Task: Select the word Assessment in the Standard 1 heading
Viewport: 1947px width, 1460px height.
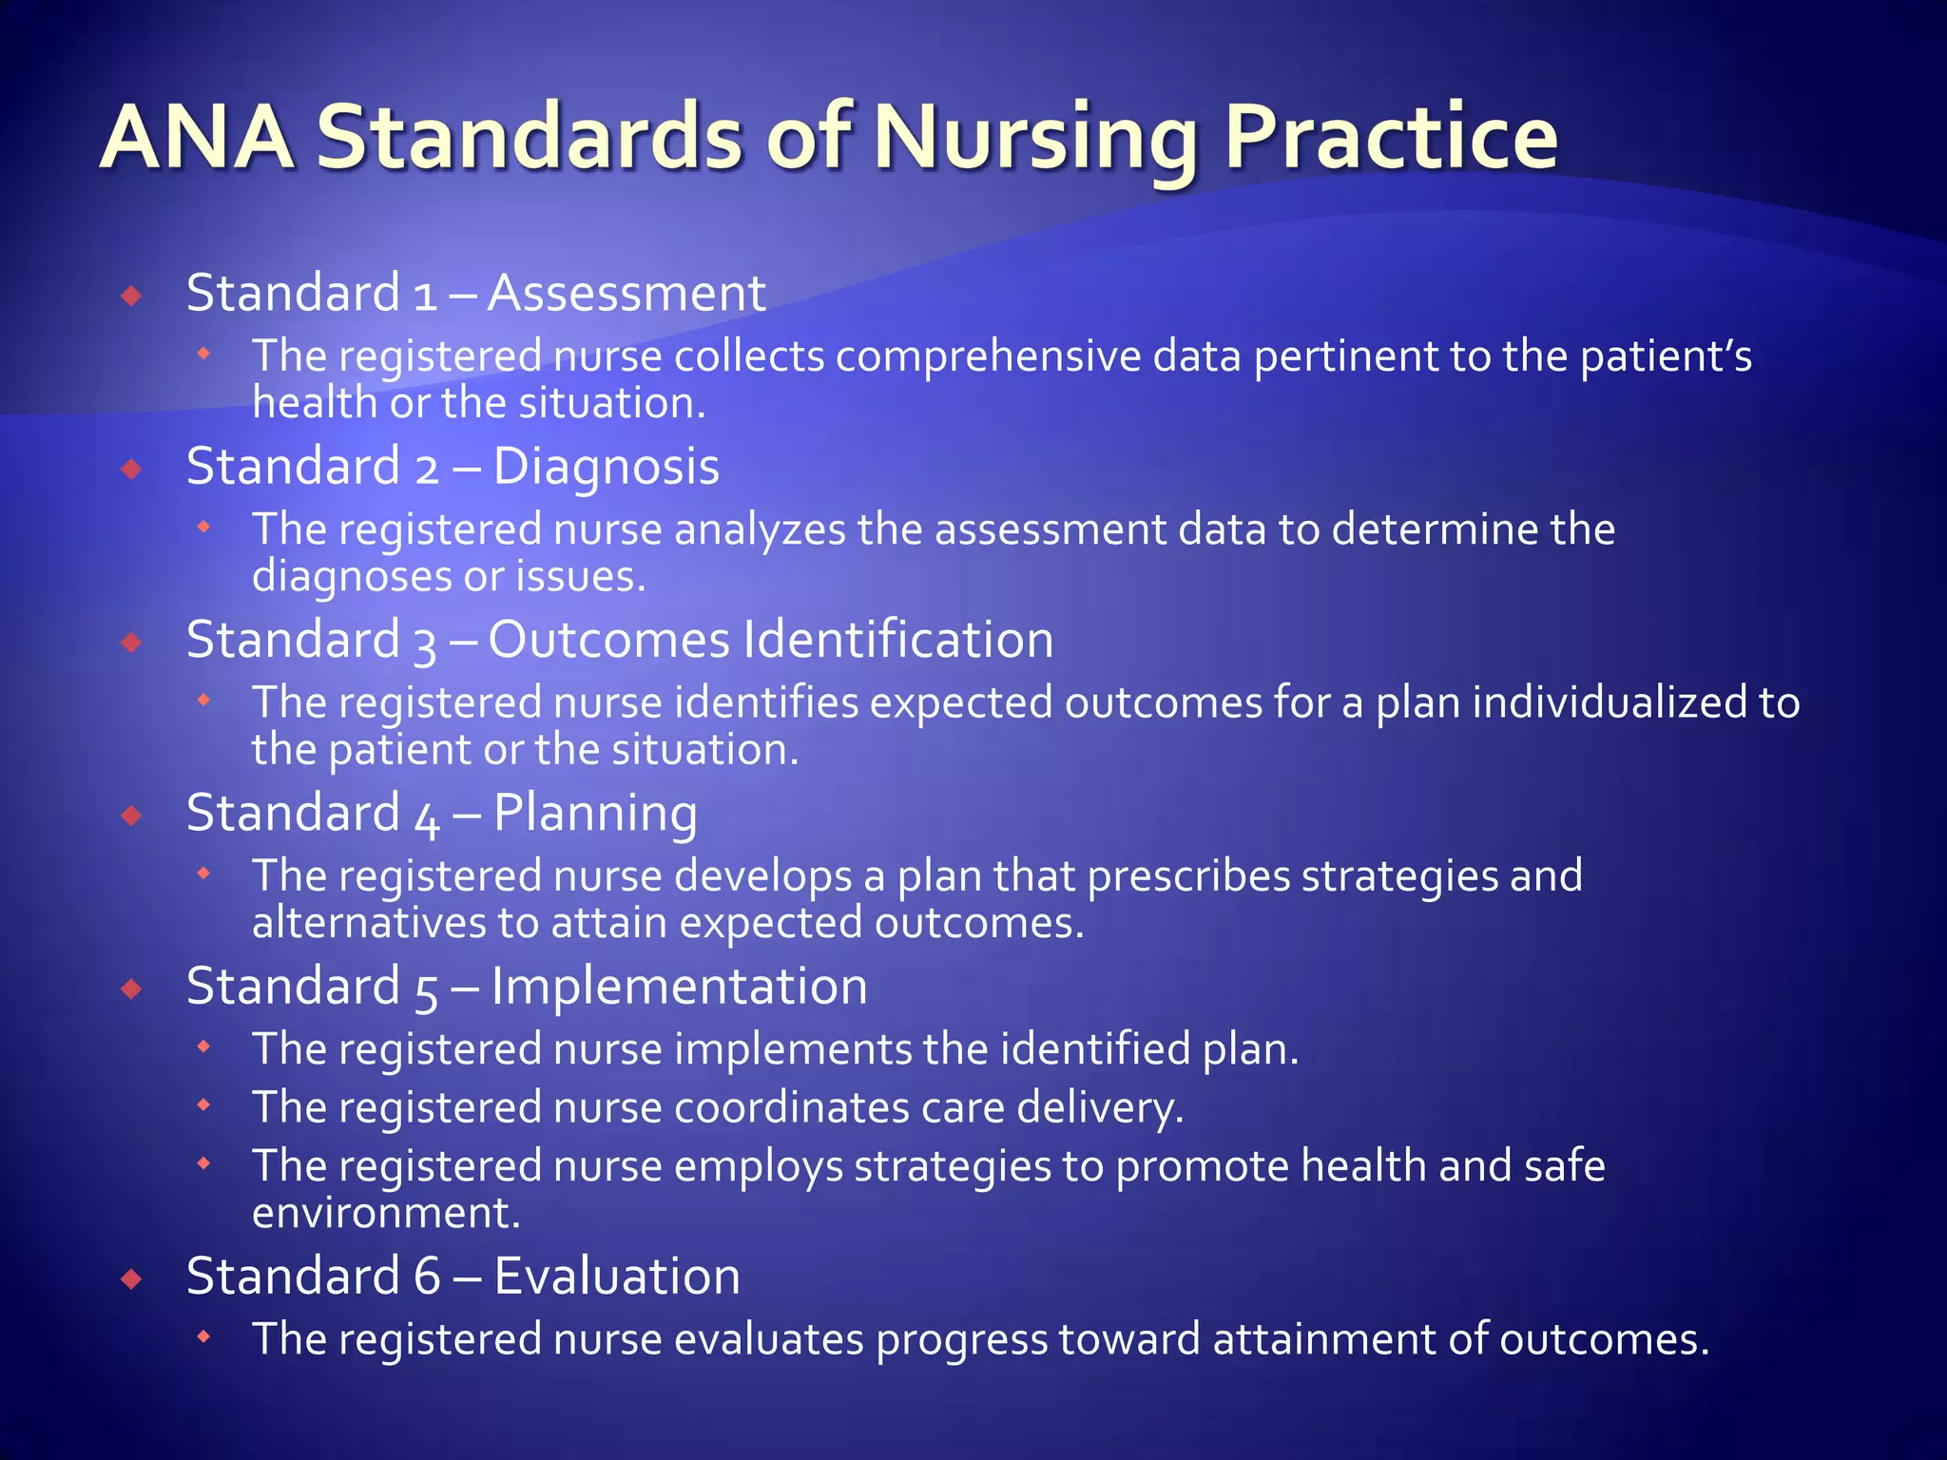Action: tap(627, 293)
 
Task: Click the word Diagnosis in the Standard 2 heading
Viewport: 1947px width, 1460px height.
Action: tap(606, 467)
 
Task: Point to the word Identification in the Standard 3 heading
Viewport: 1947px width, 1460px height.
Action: tap(898, 640)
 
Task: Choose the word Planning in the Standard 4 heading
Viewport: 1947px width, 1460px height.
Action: tap(595, 814)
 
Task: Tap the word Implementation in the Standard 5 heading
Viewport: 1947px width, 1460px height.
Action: tap(679, 987)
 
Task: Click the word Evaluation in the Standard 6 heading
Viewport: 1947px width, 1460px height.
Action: tap(617, 1276)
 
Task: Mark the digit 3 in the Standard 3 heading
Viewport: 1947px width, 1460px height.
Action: tap(425, 643)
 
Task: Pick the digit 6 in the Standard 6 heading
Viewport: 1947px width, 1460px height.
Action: tap(428, 1276)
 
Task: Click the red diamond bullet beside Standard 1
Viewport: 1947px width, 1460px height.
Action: tap(131, 296)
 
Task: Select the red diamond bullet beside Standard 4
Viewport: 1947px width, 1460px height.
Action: tap(131, 816)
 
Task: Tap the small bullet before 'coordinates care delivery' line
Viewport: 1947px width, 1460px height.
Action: tap(202, 1105)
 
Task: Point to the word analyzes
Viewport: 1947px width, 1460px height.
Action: tap(760, 529)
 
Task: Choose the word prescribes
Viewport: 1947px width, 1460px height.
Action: tap(1188, 876)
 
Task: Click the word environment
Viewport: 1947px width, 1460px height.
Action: tap(386, 1214)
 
